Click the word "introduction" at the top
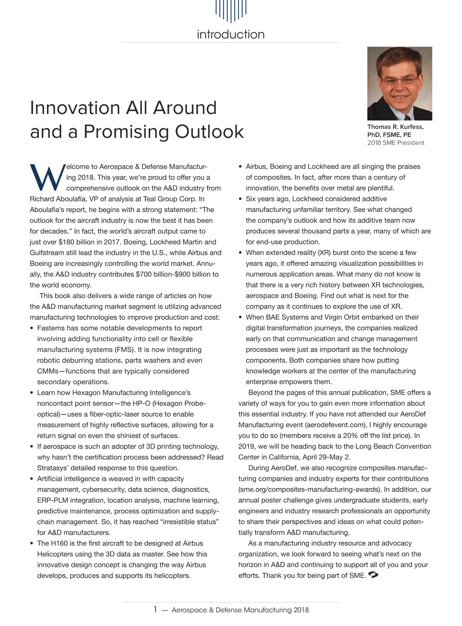(231, 34)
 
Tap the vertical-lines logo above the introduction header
(231, 11)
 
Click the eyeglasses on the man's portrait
(400, 81)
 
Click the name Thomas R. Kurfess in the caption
(395, 127)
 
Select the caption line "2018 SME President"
(395, 143)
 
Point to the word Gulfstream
(48, 253)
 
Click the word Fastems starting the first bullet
(50, 328)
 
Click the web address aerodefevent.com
(335, 425)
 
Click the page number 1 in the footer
(155, 609)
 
